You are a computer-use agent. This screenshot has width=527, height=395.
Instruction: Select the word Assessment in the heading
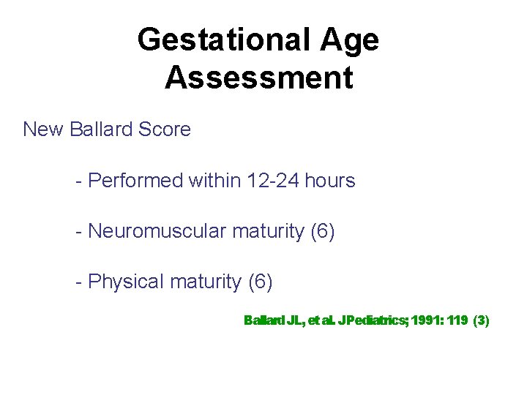tap(258, 78)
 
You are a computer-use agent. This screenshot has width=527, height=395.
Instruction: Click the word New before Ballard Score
tap(44, 130)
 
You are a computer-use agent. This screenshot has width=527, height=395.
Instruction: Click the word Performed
tap(134, 181)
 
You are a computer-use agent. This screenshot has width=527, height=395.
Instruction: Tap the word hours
tap(330, 181)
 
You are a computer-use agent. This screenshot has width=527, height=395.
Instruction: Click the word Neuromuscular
tap(157, 231)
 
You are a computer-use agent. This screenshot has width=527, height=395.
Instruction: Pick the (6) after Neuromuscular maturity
tap(323, 231)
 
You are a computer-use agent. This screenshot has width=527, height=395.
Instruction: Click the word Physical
tap(126, 282)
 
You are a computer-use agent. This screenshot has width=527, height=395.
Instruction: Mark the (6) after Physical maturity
tap(261, 282)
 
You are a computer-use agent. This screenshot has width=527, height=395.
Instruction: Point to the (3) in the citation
tap(481, 320)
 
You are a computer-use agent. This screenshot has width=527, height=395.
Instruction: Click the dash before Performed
tap(79, 181)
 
